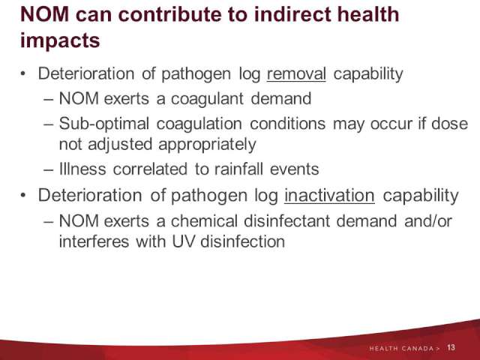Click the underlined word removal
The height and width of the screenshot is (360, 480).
pos(296,74)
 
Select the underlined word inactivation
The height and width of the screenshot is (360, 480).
pos(329,195)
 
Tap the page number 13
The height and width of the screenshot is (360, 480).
pos(451,348)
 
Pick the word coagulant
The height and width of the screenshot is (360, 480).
pos(207,99)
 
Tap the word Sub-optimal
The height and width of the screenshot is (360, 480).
pos(104,124)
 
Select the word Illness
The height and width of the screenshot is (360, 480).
pos(82,169)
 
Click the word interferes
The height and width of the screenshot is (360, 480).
pos(94,241)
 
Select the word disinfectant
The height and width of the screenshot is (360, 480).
pos(286,220)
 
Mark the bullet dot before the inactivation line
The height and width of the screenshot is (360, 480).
pos(23,195)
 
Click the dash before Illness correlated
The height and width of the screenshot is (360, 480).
pos(49,170)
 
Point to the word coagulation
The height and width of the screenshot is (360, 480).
pos(199,124)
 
